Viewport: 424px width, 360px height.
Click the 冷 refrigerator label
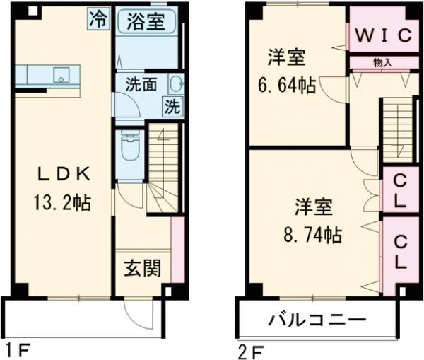click(x=99, y=19)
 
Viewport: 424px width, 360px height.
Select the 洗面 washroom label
click(x=142, y=83)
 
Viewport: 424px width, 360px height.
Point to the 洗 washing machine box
click(x=173, y=108)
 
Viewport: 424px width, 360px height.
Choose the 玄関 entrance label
click(x=143, y=269)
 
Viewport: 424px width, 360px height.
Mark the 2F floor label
click(x=251, y=349)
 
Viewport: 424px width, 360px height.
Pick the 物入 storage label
click(x=382, y=63)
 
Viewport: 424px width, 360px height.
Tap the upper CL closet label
click(x=399, y=190)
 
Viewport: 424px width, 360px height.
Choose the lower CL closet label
click(x=400, y=252)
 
